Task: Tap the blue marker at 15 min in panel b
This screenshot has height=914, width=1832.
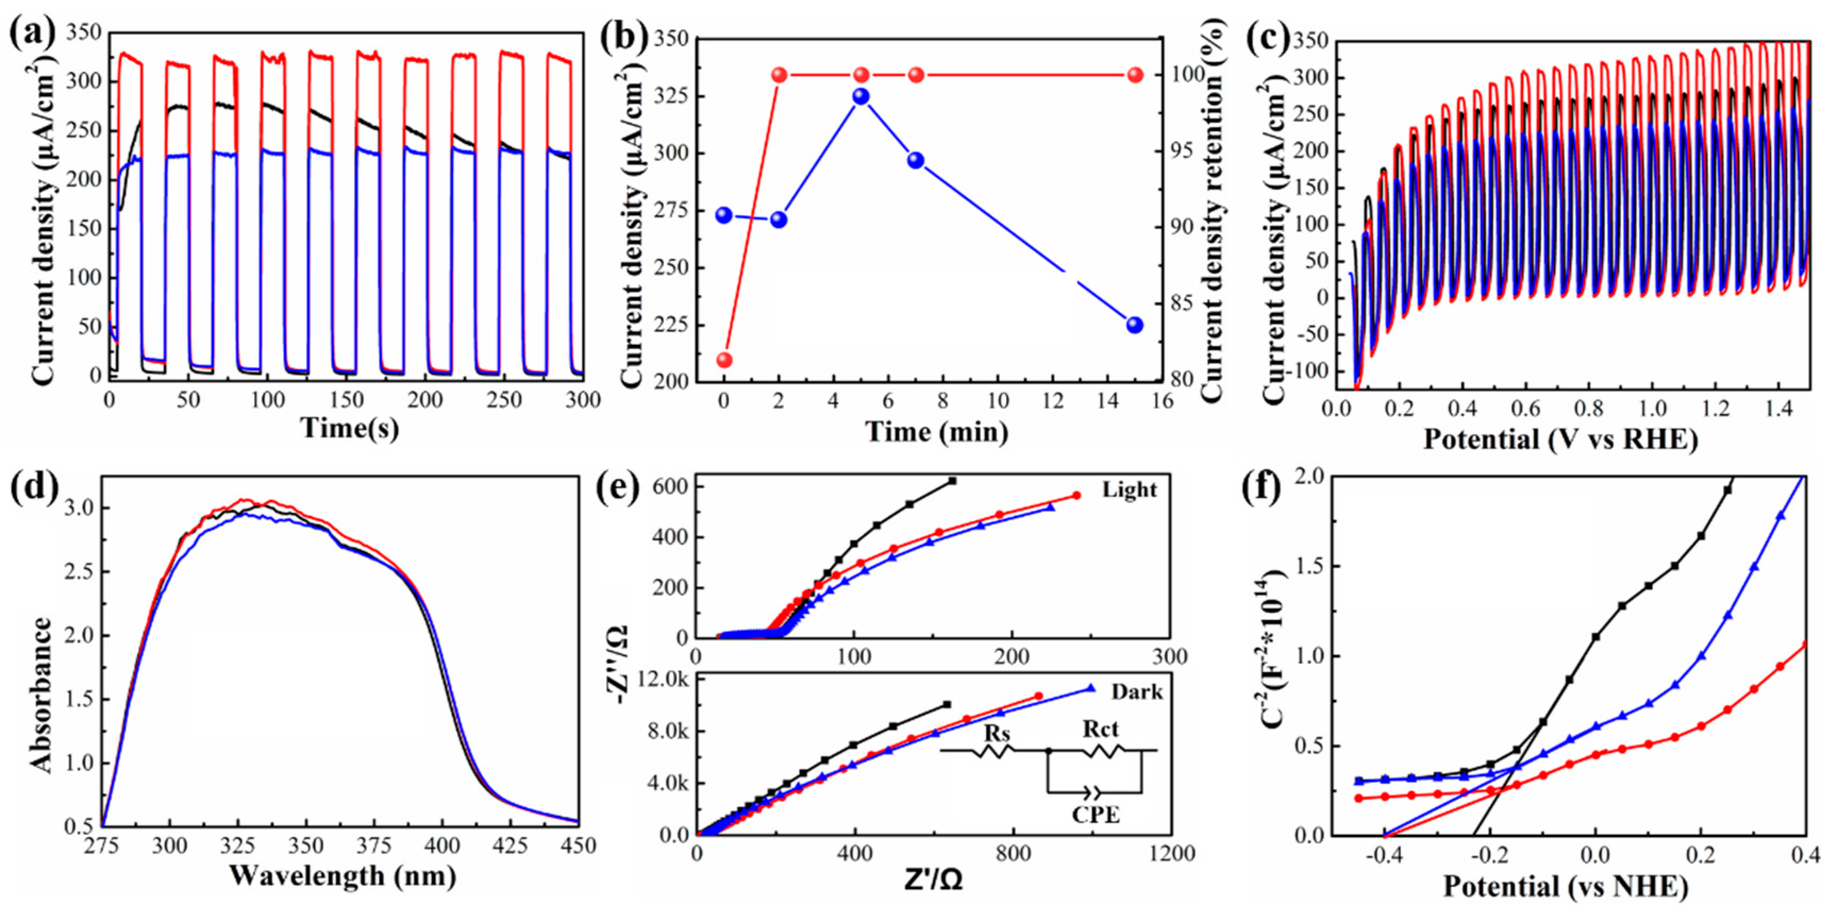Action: (1135, 325)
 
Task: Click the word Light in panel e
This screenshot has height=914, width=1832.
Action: (1130, 490)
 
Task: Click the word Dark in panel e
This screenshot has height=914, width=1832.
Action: (1137, 691)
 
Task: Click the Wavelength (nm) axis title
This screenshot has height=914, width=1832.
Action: (342, 876)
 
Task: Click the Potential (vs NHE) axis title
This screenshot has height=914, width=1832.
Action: (1565, 886)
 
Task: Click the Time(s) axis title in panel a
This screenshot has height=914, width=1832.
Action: (349, 428)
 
